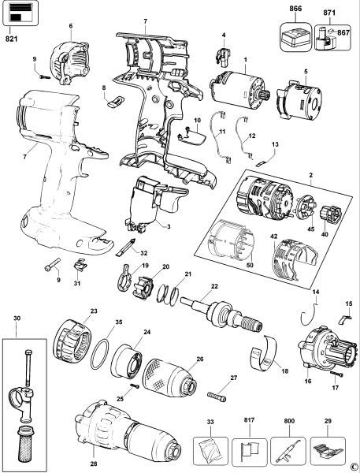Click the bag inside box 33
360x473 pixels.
pyautogui.click(x=211, y=452)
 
